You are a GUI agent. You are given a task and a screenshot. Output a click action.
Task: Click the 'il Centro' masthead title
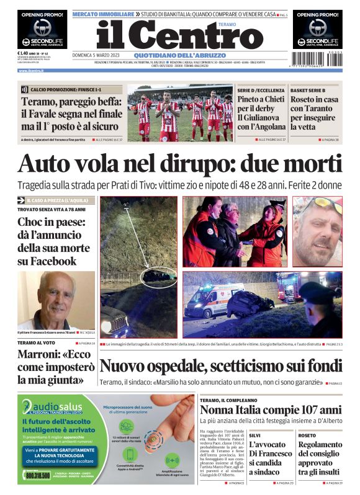(x=180, y=36)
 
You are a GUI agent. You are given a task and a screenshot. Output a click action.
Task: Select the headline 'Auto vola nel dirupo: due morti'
(x=180, y=164)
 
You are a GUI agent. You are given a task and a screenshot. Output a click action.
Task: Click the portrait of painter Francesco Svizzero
(x=56, y=300)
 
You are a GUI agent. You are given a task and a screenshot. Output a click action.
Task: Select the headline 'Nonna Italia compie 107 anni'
(x=271, y=411)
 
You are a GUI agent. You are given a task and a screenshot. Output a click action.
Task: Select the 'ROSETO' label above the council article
(x=307, y=435)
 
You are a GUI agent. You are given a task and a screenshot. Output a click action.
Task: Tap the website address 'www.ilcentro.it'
(x=31, y=71)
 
